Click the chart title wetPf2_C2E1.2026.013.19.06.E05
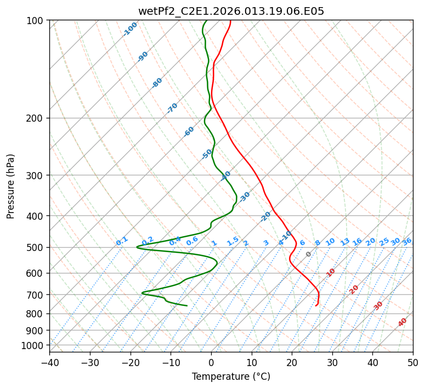[x=231, y=9]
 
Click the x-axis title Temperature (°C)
[x=231, y=377]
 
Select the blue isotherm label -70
[x=172, y=108]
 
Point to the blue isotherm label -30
[x=245, y=196]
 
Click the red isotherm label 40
[x=403, y=322]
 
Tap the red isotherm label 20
[x=354, y=289]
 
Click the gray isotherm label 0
[x=309, y=254]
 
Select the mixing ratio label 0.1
[x=122, y=241]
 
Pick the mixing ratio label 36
[x=407, y=241]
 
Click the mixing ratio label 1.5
[x=233, y=241]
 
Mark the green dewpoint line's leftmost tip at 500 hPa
[x=137, y=247]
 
